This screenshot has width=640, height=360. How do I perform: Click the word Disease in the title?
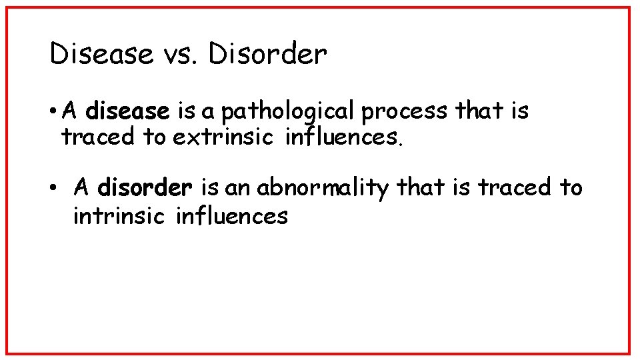[101, 54]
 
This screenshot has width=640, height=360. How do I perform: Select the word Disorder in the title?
[267, 54]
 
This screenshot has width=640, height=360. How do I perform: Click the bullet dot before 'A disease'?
[53, 111]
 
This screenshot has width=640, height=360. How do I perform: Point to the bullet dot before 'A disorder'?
[53, 188]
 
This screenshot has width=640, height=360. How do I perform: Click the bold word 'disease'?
[128, 111]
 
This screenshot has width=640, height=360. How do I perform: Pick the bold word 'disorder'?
[145, 188]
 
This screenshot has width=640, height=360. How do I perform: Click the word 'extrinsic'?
[223, 137]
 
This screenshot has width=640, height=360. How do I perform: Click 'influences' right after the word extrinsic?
[344, 137]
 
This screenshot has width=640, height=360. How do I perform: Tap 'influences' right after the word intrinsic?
[231, 215]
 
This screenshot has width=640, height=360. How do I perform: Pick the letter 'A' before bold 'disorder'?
[81, 188]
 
